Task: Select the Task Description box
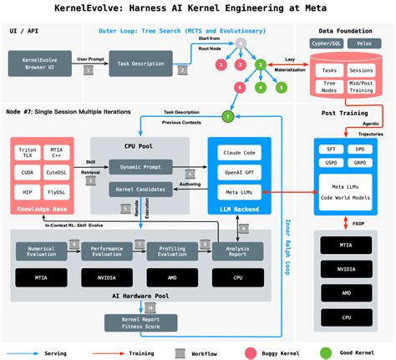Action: (x=140, y=63)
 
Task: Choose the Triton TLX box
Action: (x=28, y=152)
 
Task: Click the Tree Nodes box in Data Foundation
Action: (x=329, y=86)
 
